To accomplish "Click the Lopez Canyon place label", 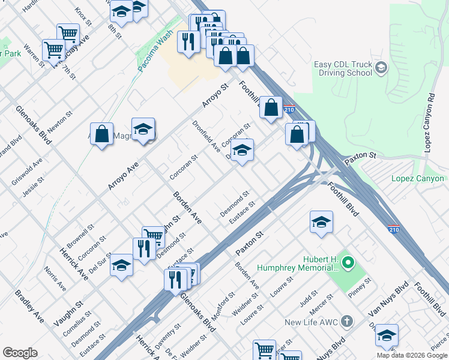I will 418,178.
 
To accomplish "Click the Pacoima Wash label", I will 154,53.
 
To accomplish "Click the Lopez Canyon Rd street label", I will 430,122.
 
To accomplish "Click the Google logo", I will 20,353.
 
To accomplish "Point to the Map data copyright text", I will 411,355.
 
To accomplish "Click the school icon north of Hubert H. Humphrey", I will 321,222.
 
